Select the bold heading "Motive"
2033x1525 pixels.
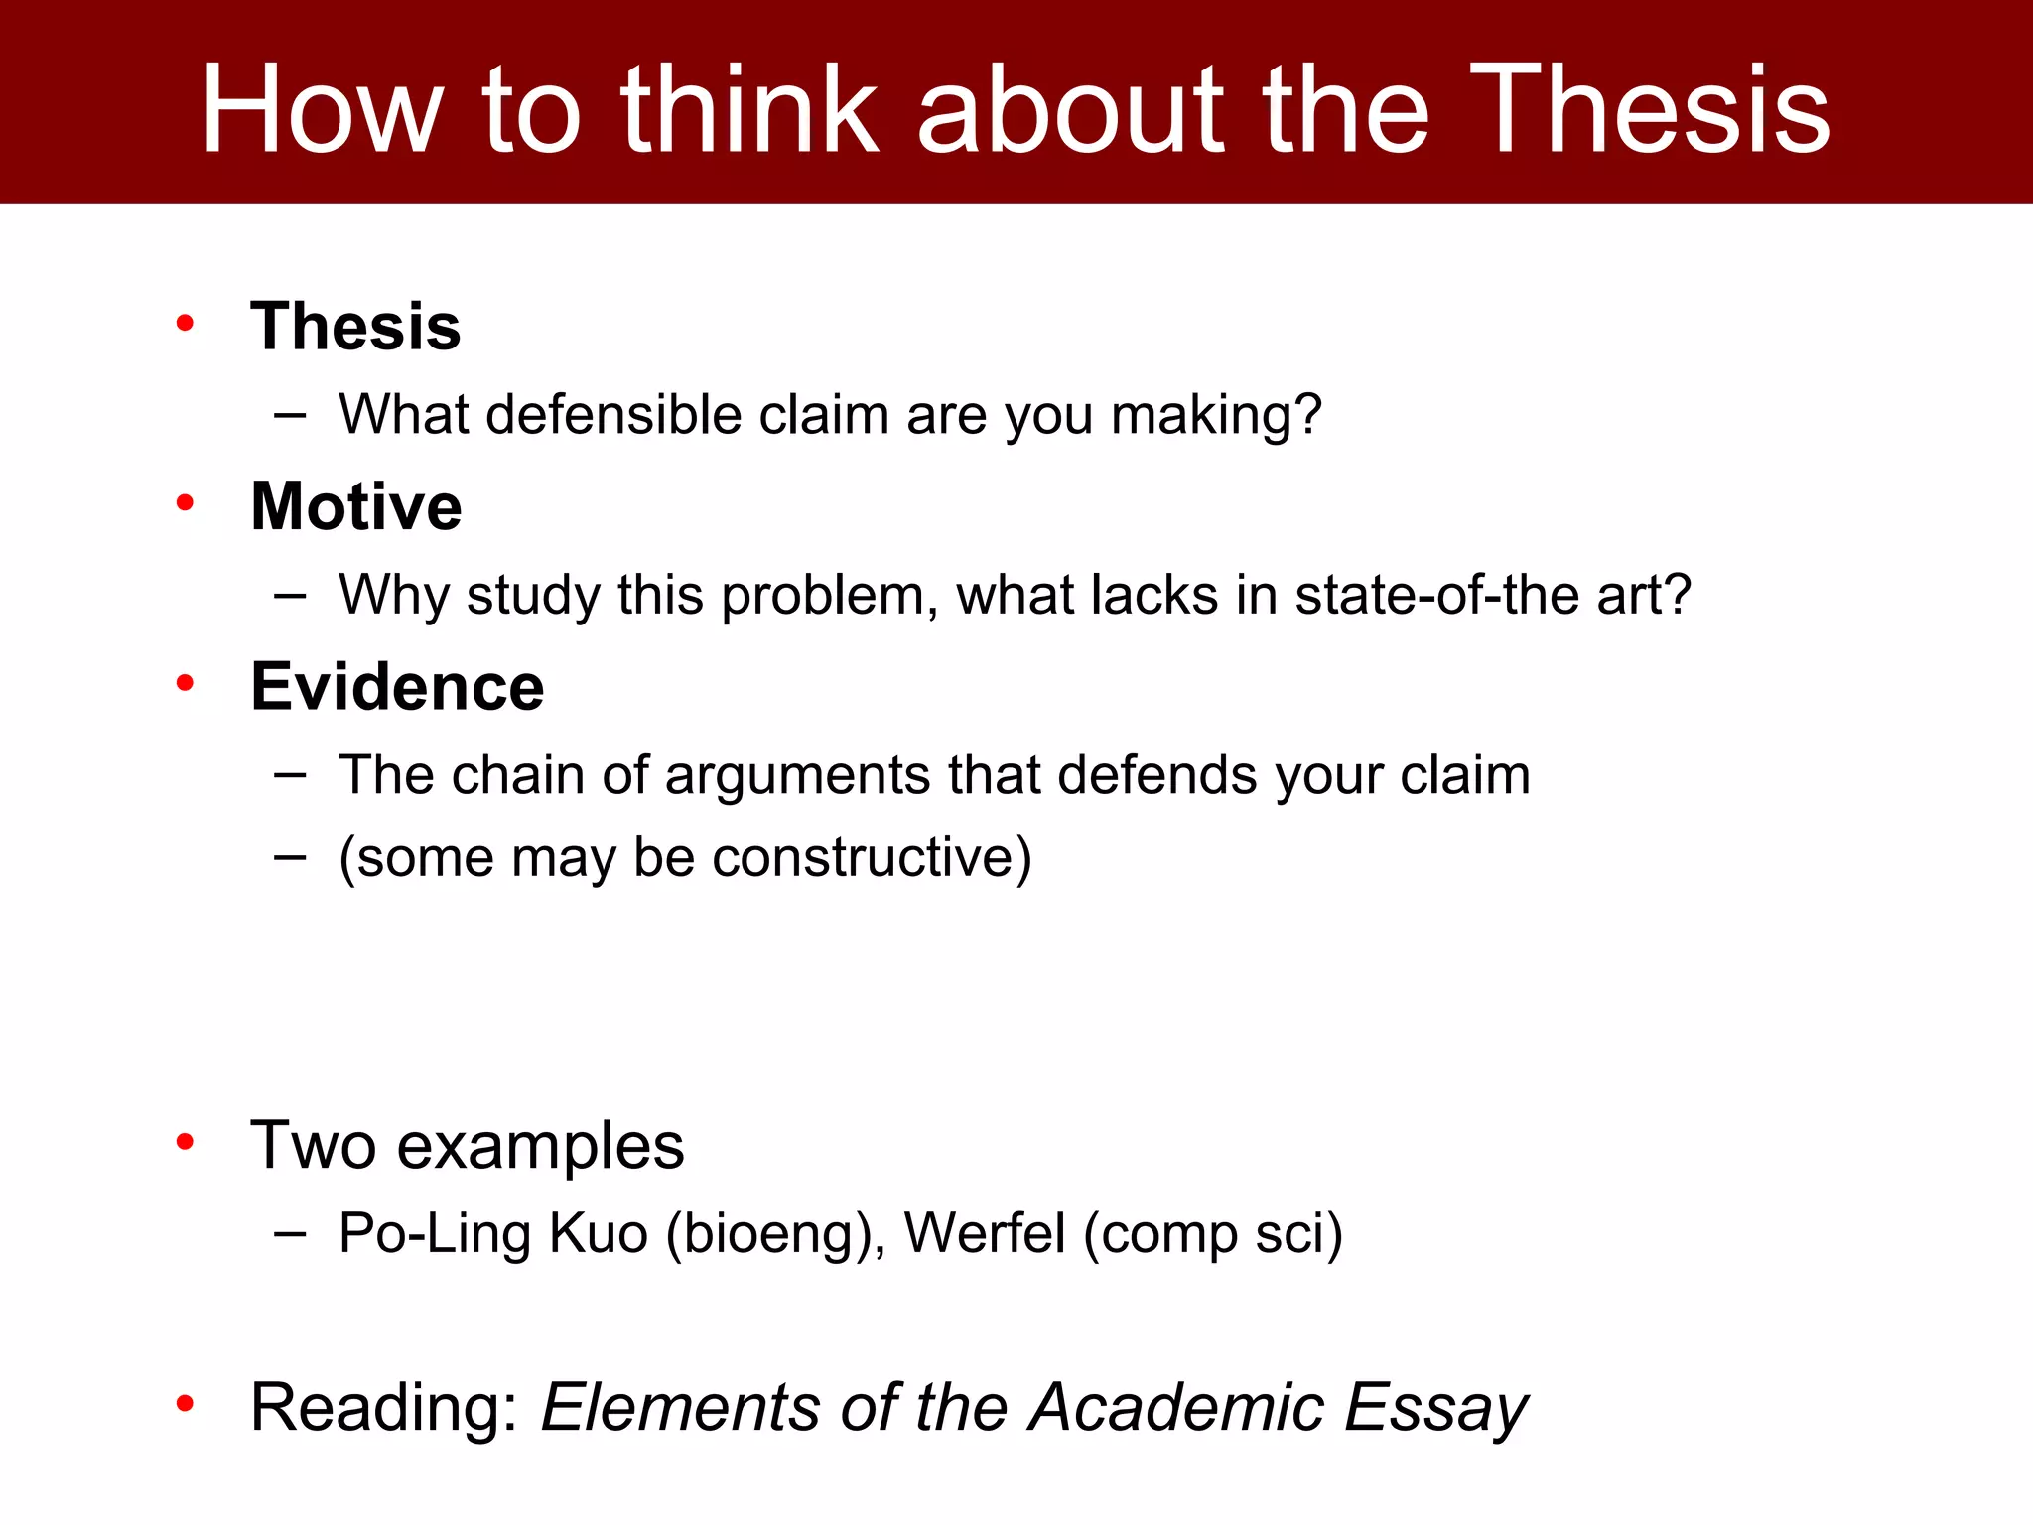(x=355, y=506)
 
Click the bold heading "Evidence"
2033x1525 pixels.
(x=397, y=687)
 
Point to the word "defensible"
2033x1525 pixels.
(x=613, y=414)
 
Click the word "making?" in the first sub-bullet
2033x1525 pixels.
(x=1216, y=416)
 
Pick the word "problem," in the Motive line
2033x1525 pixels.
(x=829, y=596)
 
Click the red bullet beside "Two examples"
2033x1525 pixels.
(x=185, y=1142)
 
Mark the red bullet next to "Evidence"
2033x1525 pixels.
(x=185, y=683)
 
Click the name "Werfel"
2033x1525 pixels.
(x=984, y=1233)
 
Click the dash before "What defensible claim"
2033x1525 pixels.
(x=290, y=415)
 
